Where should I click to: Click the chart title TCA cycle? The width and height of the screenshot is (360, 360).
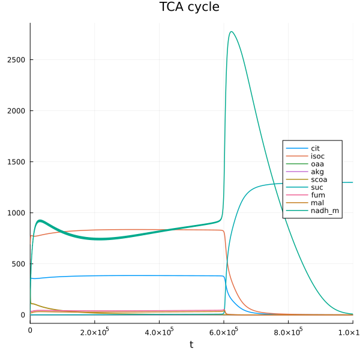[189, 7]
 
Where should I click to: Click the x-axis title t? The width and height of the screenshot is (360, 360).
[191, 344]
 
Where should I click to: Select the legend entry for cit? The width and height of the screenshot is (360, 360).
[315, 148]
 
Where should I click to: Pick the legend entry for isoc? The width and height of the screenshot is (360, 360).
[317, 156]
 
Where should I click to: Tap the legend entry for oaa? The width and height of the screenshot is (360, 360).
[317, 164]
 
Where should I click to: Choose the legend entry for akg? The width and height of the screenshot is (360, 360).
[317, 172]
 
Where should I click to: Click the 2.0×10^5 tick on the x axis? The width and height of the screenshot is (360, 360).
[95, 331]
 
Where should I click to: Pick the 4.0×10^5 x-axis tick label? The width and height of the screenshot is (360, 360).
[159, 331]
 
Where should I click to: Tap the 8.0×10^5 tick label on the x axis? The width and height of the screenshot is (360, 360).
[289, 331]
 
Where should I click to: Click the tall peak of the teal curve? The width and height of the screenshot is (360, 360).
[231, 32]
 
